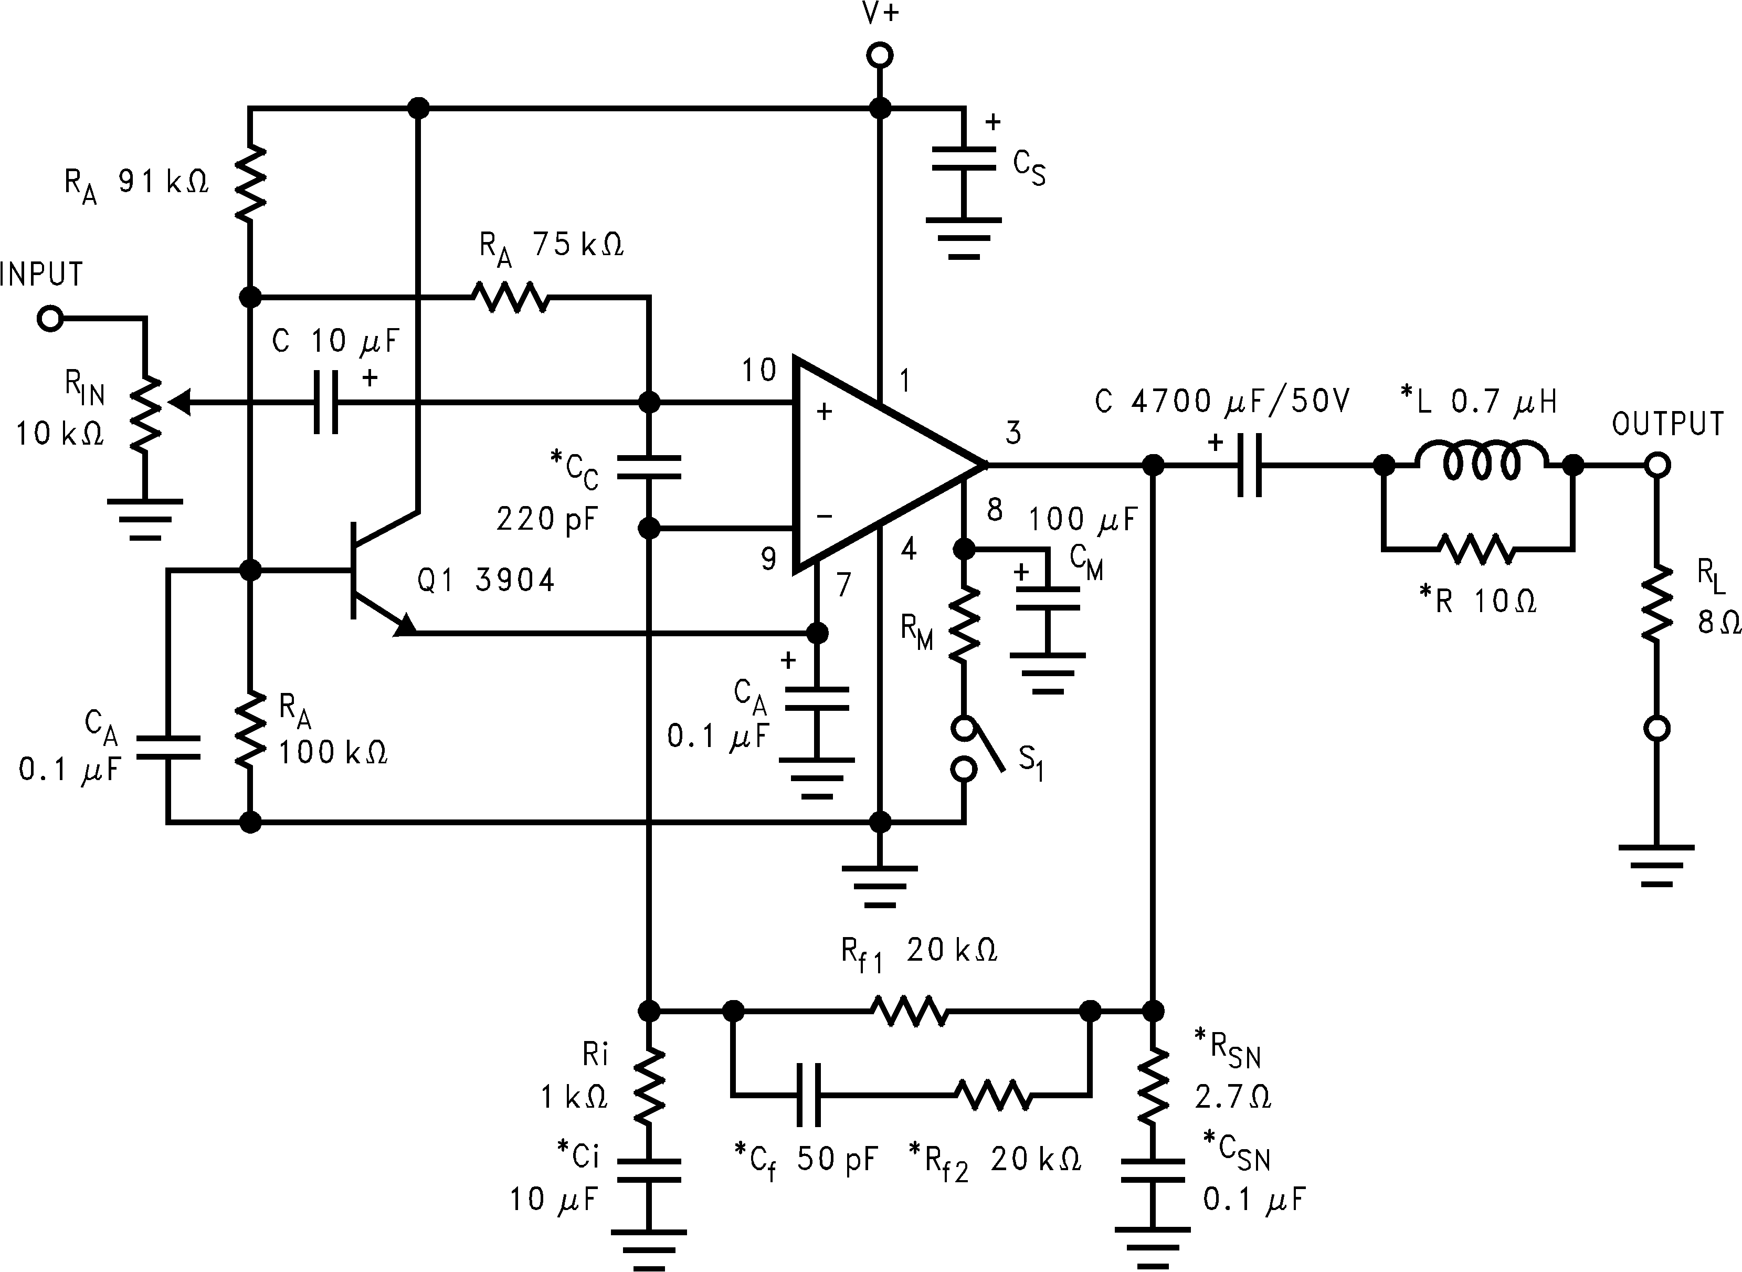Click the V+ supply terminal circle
coord(880,56)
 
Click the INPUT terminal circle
coord(50,319)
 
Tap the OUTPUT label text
coord(1667,424)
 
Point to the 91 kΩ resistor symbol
coord(250,183)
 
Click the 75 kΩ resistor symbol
coord(510,297)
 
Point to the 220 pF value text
coord(546,520)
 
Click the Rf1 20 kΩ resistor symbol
coord(910,1011)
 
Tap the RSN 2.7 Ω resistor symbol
coord(1153,1085)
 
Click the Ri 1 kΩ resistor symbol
coord(649,1086)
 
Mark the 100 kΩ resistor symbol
coord(250,729)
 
